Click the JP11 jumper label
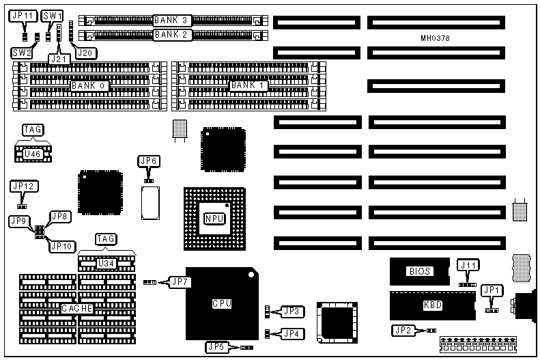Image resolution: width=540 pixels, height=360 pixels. [23, 14]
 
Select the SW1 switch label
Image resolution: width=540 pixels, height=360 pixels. [52, 14]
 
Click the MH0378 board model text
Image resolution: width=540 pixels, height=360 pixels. [435, 38]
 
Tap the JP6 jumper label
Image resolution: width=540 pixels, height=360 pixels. [148, 161]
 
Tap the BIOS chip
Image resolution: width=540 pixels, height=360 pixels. [420, 271]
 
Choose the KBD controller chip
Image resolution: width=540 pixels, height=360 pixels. [433, 305]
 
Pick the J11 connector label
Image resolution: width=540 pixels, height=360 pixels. [468, 265]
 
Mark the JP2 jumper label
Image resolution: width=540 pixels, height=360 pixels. [403, 331]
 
